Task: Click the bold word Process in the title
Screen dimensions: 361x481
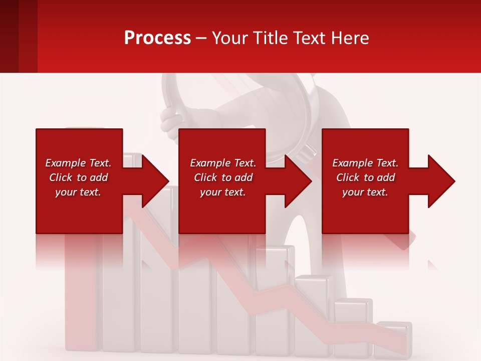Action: tap(157, 38)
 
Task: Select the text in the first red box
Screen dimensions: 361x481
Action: tap(78, 177)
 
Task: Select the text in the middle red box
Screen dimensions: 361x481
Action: tap(223, 177)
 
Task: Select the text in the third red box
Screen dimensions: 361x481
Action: tap(365, 177)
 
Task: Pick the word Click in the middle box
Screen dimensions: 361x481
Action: tap(205, 177)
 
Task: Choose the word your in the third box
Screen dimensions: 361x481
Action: tap(353, 192)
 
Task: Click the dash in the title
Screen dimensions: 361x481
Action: tap(201, 39)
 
